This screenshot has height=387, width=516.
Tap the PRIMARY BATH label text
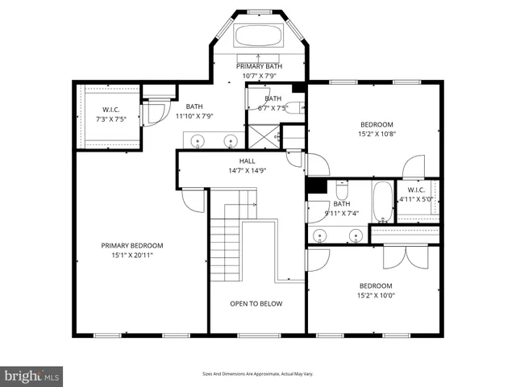click(x=259, y=66)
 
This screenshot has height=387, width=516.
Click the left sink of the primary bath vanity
click(x=199, y=140)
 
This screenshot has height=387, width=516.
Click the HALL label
click(x=247, y=160)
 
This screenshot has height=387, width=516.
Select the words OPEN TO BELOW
click(x=256, y=304)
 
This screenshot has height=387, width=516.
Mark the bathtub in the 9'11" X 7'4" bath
click(x=381, y=202)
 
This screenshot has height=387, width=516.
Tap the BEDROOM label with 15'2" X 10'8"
click(x=377, y=124)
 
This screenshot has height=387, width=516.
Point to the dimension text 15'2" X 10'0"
click(x=376, y=296)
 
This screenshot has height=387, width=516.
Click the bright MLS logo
click(x=33, y=377)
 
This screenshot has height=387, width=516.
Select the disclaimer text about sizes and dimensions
click(x=258, y=374)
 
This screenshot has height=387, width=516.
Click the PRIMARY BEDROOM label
click(x=131, y=246)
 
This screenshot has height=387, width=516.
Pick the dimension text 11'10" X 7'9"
click(x=194, y=116)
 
